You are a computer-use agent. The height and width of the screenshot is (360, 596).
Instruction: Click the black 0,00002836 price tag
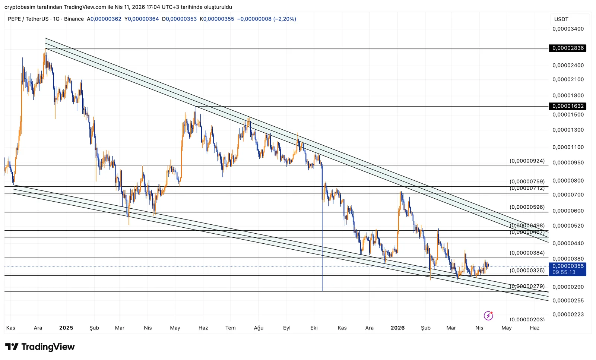[567, 48]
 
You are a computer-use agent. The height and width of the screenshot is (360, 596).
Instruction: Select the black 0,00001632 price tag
[567, 106]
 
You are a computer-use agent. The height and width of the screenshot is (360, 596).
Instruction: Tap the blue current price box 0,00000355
[567, 269]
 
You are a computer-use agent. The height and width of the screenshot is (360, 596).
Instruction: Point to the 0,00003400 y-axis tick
[568, 29]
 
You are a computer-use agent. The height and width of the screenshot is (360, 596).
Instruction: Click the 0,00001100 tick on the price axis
[568, 147]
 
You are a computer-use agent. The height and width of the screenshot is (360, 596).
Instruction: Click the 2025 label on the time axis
[66, 328]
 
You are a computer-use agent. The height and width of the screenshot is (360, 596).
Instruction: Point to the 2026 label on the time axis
[397, 328]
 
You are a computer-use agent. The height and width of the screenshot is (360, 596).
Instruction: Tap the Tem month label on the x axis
[230, 328]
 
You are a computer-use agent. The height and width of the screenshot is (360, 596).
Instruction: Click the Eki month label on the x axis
[314, 328]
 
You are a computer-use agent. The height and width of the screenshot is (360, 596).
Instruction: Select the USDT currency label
[561, 19]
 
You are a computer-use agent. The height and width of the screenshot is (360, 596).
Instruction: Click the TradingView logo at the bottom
[40, 347]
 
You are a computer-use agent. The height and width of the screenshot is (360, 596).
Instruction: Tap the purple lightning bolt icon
[488, 316]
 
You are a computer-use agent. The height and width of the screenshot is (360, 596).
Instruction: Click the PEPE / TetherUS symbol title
[28, 19]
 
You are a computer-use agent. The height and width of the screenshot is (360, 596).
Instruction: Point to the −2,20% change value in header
[285, 19]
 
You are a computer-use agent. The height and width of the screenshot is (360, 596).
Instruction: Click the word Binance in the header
[74, 19]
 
